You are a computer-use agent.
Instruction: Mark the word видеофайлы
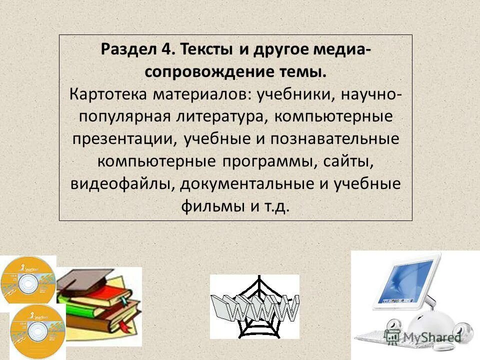tap(122, 184)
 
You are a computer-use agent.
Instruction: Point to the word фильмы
tap(213, 206)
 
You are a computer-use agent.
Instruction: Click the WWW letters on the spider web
tap(255, 307)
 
